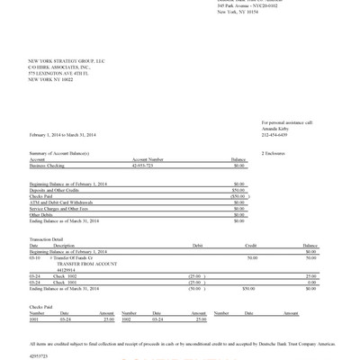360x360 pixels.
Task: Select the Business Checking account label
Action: (x=48, y=166)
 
